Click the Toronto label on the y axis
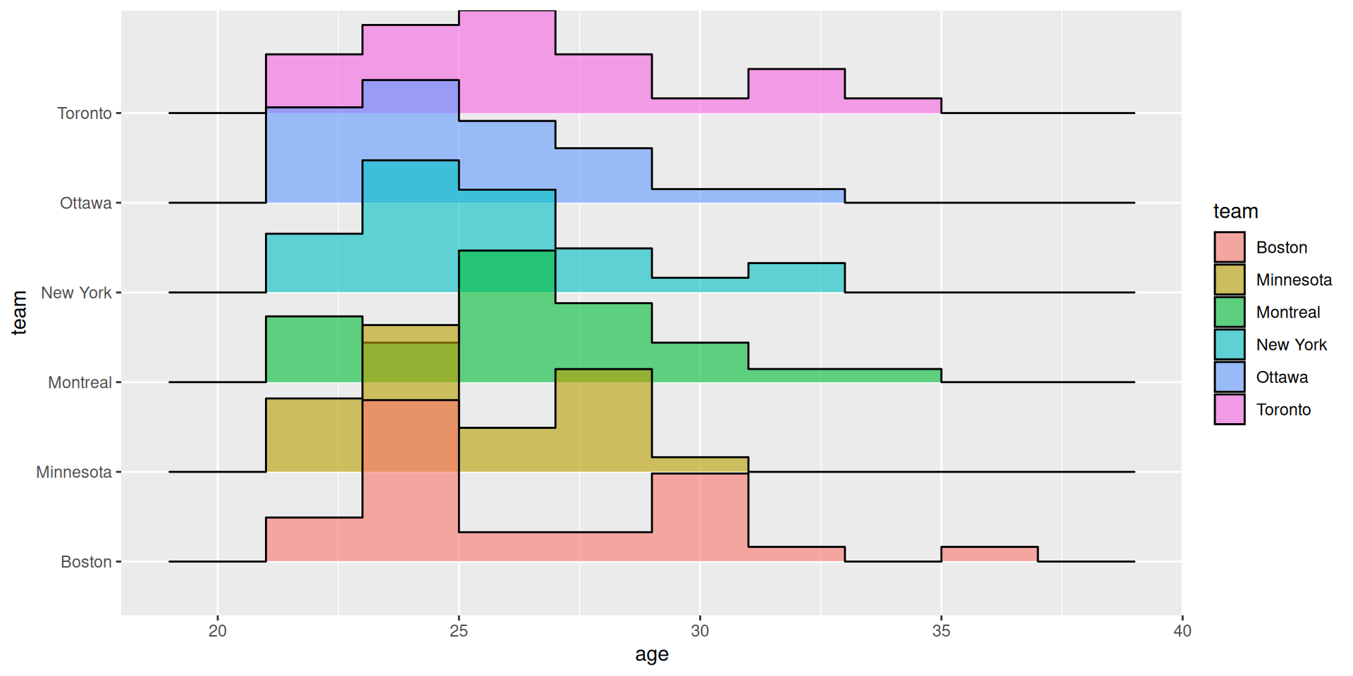[85, 113]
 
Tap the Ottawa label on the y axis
[86, 204]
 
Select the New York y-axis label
[76, 293]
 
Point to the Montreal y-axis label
[80, 382]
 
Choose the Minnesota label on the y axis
[74, 472]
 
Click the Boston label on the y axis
[86, 562]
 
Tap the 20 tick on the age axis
[218, 631]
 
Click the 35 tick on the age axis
[941, 631]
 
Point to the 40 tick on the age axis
[1182, 631]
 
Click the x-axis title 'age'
[651, 655]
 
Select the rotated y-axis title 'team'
[20, 312]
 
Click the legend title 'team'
[1235, 211]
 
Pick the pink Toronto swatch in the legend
[1229, 410]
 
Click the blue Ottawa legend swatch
[1229, 377]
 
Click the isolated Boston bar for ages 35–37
[989, 554]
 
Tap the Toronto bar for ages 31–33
[796, 90]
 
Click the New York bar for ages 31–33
[796, 277]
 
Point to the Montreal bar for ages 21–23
[314, 349]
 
